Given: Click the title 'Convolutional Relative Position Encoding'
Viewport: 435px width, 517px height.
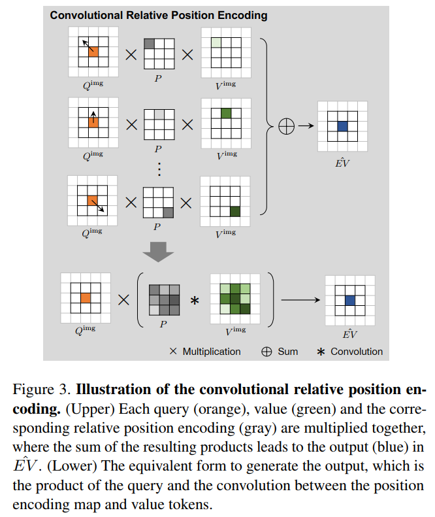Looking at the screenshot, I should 159,15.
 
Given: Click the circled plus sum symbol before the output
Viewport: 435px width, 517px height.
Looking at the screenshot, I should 286,127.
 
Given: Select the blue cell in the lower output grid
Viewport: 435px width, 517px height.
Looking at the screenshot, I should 350,300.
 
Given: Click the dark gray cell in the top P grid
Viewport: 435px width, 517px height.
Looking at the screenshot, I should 150,44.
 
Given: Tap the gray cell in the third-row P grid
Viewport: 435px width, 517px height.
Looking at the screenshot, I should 168,213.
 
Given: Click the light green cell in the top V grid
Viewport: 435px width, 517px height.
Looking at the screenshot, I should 215,44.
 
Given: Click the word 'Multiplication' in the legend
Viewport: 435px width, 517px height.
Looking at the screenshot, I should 211,352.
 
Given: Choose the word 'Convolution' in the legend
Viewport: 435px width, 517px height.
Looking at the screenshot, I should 357,352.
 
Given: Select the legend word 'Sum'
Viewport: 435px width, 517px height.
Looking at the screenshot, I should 288,352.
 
